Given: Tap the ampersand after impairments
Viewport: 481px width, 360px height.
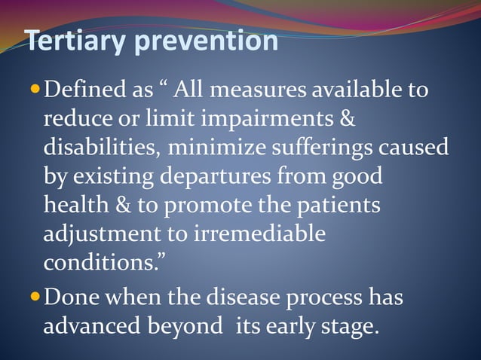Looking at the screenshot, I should (x=348, y=120).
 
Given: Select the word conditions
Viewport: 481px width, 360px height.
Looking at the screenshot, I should (x=97, y=264).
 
